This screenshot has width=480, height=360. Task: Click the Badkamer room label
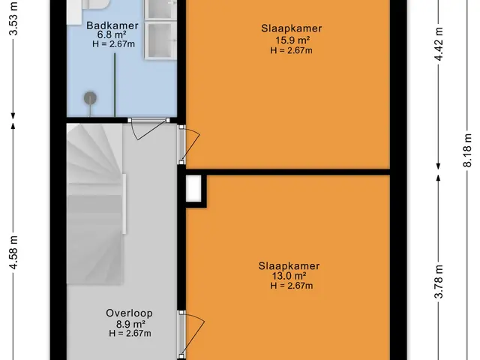(112, 25)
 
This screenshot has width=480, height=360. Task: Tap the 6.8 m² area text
(112, 34)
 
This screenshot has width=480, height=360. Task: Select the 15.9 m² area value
(292, 40)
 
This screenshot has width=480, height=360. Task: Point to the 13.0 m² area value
(289, 276)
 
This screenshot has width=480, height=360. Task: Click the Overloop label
(129, 313)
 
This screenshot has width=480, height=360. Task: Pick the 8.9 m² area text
(130, 323)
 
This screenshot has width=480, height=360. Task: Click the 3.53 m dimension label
(14, 19)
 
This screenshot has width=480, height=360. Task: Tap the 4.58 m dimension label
(14, 253)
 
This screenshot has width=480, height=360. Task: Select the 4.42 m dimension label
(439, 43)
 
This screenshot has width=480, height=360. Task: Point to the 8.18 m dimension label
(467, 150)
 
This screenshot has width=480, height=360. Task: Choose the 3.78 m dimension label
(439, 281)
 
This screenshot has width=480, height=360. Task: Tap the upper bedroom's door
(189, 145)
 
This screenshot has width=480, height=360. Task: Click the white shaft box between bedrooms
(193, 188)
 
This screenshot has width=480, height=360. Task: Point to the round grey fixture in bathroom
(90, 98)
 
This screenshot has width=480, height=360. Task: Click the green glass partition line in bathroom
(115, 85)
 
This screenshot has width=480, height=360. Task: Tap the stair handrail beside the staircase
(124, 204)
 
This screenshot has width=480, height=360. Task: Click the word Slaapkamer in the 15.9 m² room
(292, 28)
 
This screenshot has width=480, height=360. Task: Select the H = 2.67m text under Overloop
(130, 333)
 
